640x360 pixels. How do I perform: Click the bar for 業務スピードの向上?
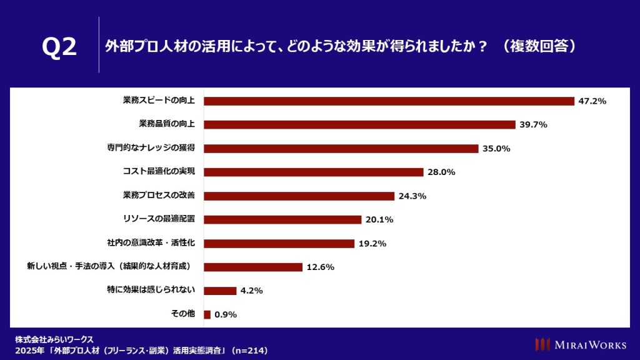tap(389, 101)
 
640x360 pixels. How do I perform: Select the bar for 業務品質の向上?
tap(359, 124)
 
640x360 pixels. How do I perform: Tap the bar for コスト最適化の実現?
tap(314, 172)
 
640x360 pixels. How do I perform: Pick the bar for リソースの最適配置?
tap(282, 219)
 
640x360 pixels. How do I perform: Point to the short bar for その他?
tap(207, 314)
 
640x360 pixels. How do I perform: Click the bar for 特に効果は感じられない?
tap(220, 291)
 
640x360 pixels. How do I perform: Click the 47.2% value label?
tap(592, 101)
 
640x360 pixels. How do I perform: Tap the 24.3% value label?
tap(412, 196)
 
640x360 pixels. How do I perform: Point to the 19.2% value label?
tap(372, 243)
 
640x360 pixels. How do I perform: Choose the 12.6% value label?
tap(320, 267)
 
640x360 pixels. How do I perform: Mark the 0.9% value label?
tap(226, 314)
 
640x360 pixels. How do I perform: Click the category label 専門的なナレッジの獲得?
tap(151, 148)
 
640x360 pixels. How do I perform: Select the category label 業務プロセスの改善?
tap(159, 196)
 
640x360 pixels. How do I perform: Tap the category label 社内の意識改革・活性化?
tap(151, 243)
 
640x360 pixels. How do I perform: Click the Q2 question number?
tap(59, 47)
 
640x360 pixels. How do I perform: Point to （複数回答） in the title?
tap(538, 46)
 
